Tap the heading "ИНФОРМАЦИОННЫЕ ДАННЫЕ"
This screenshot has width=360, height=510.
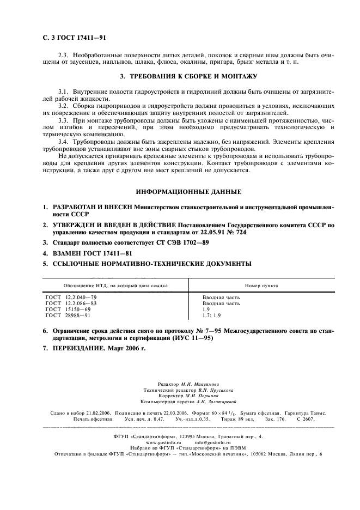point(189,192)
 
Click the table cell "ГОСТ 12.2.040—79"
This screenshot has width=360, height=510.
point(71,297)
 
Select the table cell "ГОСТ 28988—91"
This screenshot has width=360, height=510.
point(68,315)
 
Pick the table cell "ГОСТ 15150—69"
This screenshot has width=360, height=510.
point(68,309)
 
